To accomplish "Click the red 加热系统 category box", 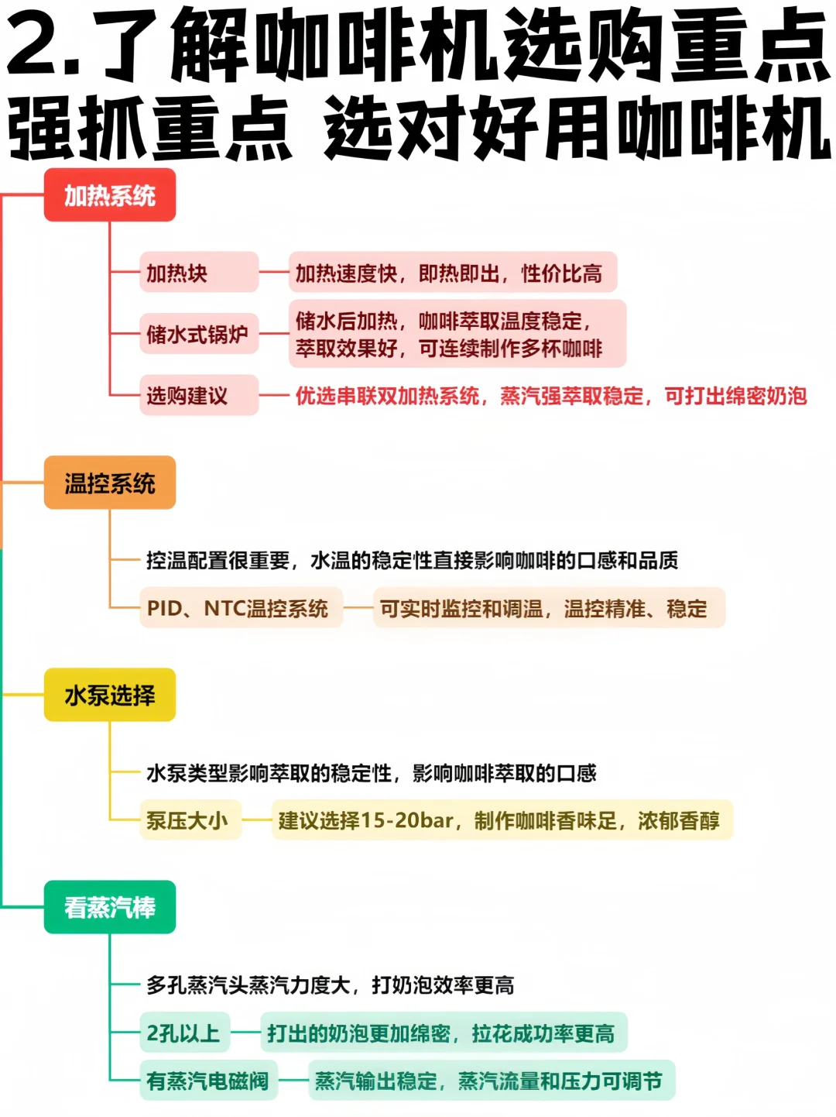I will (109, 195).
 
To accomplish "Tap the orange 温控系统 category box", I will (109, 483).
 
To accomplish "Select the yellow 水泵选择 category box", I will (109, 695).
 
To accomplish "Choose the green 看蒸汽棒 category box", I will (109, 907).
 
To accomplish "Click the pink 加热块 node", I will (198, 273).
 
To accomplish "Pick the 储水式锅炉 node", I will (198, 334).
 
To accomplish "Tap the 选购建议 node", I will (198, 396).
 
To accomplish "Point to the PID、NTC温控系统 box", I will (240, 608).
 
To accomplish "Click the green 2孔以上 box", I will (184, 1033).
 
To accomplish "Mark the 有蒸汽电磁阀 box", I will (208, 1081).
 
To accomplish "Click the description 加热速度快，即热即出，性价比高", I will (452, 273).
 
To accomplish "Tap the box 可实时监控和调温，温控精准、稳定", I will (548, 608).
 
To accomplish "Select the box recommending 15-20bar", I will (502, 820).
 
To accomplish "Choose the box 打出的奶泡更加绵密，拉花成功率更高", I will (443, 1033).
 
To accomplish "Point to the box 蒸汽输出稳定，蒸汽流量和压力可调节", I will (491, 1081).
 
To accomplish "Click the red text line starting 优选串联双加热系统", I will (550, 397).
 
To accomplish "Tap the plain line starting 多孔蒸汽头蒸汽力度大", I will (331, 985).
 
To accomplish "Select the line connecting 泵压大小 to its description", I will (256, 820).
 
